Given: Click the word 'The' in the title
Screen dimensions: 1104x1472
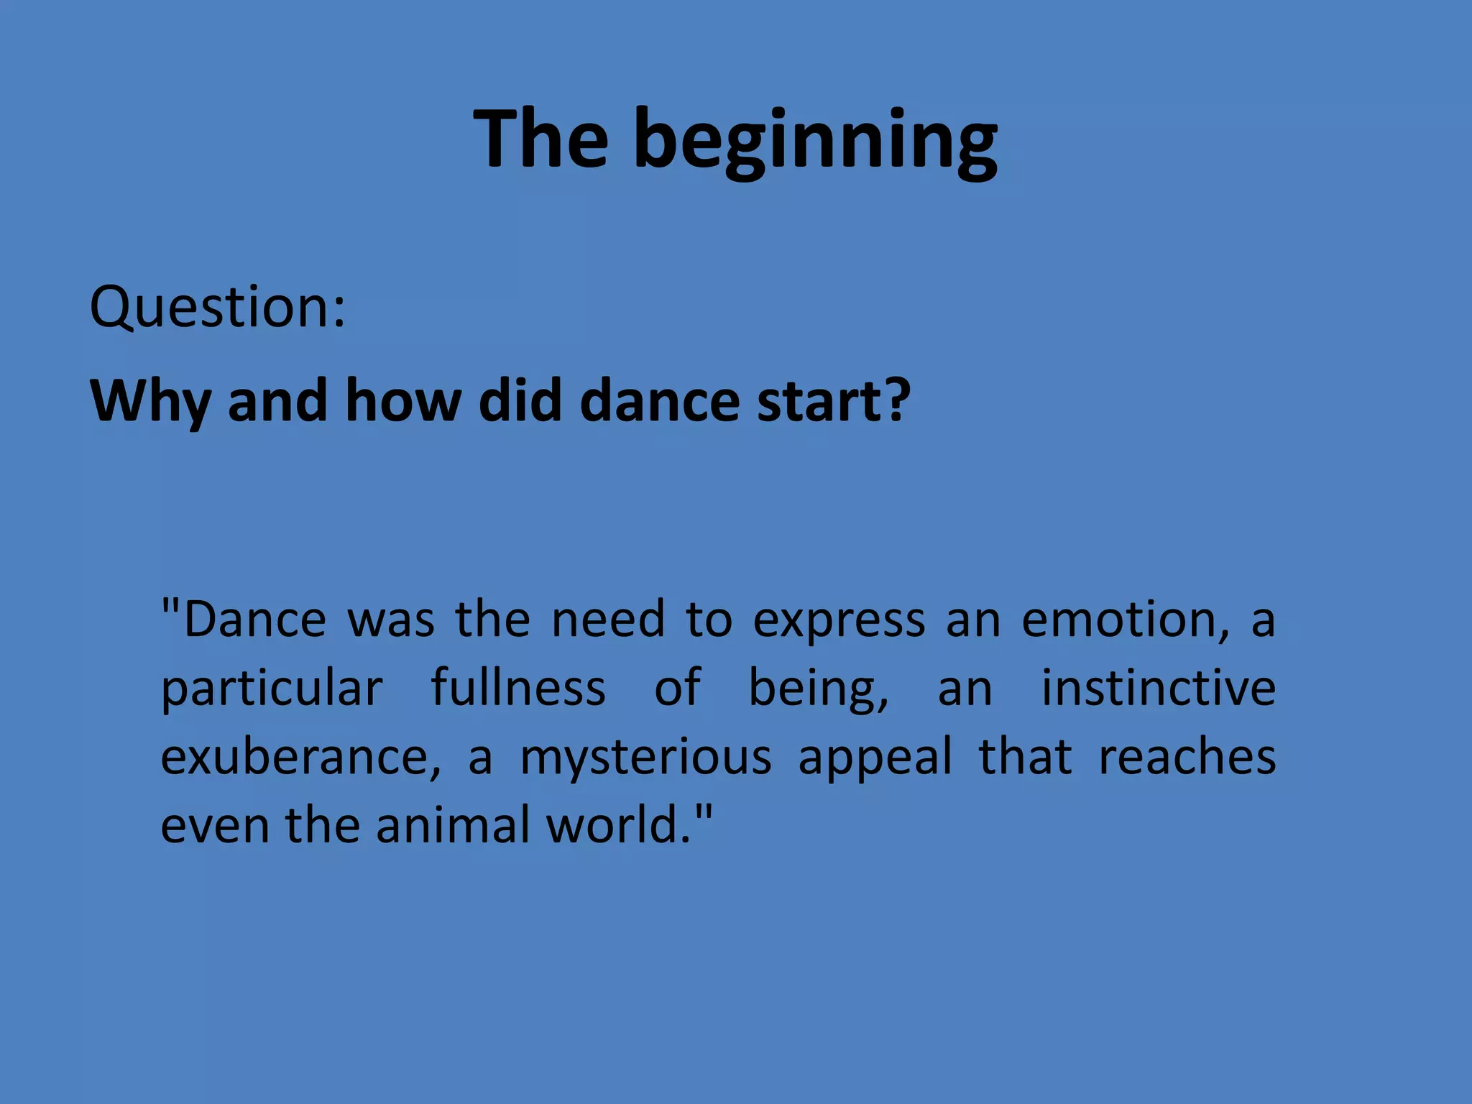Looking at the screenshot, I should (x=540, y=138).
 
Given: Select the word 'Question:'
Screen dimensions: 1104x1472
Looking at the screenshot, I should (x=217, y=308).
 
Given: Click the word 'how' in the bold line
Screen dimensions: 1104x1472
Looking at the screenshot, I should (x=402, y=401).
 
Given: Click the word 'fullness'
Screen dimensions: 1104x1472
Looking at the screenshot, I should (x=518, y=688).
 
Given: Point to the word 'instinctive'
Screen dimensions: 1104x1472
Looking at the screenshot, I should (x=1159, y=688).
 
